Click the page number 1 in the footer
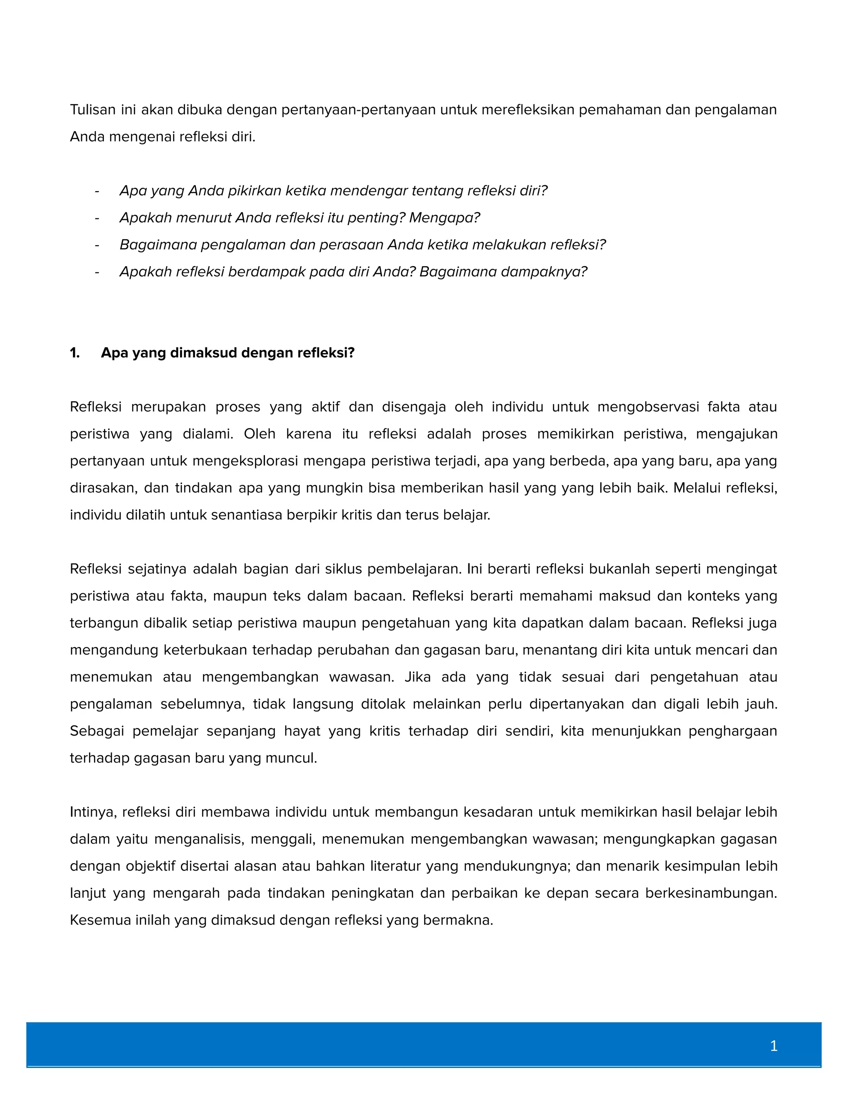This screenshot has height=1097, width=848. tap(773, 1046)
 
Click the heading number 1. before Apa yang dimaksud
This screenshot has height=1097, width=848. tap(75, 353)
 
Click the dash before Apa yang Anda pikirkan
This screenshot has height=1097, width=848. tap(97, 191)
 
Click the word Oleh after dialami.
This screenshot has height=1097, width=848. tap(259, 434)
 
